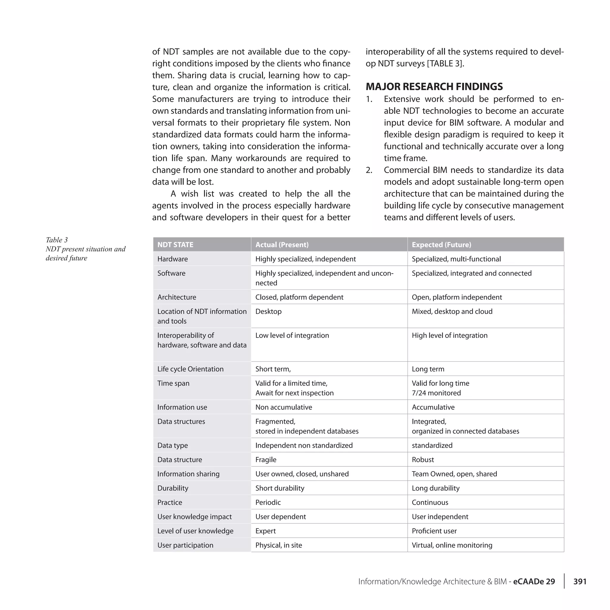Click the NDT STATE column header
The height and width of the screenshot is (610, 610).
click(175, 245)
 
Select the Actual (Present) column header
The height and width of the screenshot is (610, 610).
click(282, 245)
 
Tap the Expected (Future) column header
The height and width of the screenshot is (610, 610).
click(441, 245)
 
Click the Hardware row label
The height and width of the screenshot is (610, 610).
click(172, 259)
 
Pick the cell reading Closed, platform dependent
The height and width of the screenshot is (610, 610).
click(299, 297)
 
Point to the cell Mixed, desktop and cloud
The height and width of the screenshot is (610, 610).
click(452, 311)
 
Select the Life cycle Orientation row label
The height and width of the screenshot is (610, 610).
click(190, 369)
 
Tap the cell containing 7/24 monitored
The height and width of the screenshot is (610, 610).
click(436, 393)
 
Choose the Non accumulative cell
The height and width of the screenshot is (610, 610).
click(284, 407)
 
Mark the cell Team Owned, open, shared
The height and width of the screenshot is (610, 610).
click(454, 474)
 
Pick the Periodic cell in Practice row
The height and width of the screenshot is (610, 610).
click(268, 502)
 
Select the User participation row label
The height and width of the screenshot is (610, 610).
click(185, 545)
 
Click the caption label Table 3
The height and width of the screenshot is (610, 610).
click(57, 240)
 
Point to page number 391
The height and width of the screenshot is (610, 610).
click(580, 582)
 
